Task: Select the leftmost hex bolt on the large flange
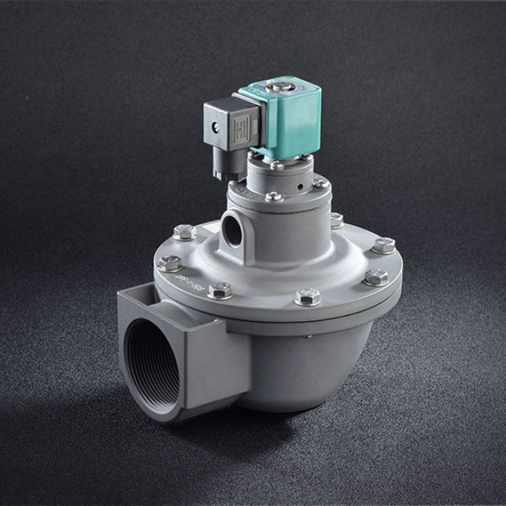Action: coord(170,264)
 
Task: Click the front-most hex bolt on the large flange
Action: coord(308,297)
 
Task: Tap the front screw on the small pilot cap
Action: coord(273,197)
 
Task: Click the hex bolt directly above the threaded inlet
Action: coord(219,291)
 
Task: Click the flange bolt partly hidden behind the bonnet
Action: coord(336,220)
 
